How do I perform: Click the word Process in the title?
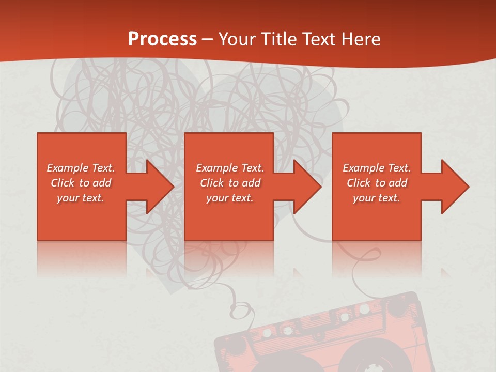[x=162, y=39]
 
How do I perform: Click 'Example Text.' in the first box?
[x=81, y=168]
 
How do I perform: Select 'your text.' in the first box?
[x=81, y=198]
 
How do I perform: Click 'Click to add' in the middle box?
[x=230, y=183]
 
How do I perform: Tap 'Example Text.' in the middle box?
[x=230, y=168]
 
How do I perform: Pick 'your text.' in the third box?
[x=377, y=198]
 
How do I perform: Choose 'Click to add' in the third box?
[x=377, y=183]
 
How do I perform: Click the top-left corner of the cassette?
[x=220, y=341]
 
